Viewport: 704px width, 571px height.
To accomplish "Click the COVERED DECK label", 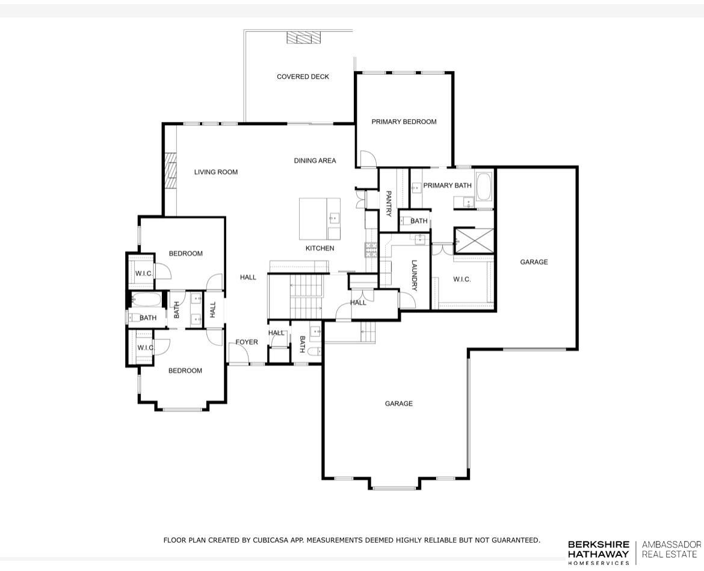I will (303, 77).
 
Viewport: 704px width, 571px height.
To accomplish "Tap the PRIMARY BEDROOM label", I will (404, 122).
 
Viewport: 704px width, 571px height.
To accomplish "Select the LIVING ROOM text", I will (215, 172).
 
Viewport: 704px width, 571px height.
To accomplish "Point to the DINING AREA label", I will (315, 161).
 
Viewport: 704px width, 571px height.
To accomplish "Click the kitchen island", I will (320, 218).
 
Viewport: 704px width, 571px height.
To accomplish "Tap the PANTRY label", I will (389, 203).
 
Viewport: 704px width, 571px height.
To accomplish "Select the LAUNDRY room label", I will (414, 275).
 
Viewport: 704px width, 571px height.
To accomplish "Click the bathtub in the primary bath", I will (484, 187).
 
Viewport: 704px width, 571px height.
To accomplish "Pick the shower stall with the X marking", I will (474, 240).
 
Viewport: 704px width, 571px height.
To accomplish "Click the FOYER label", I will (246, 342).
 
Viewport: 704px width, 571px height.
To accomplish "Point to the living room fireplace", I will (170, 171).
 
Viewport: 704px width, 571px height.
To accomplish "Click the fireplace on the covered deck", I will (303, 37).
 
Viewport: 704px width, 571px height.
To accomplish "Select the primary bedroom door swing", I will (366, 159).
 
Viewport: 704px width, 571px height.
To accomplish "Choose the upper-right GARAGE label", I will (534, 262).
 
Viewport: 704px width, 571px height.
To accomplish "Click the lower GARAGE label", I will (398, 404).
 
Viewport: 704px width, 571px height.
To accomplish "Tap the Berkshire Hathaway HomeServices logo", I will (598, 552).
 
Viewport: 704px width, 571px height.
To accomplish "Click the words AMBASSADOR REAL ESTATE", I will (671, 549).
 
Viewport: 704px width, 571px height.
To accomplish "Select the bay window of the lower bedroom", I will (182, 409).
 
